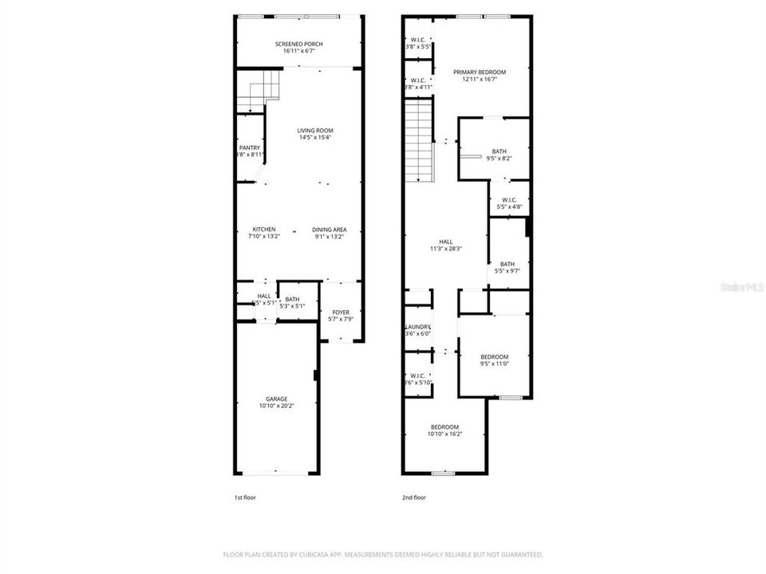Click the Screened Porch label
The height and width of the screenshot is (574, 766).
pyautogui.click(x=299, y=45)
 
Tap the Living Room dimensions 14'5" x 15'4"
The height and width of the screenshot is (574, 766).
pyautogui.click(x=315, y=138)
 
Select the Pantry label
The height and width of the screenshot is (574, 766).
pyautogui.click(x=249, y=147)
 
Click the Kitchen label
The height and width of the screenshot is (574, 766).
pyautogui.click(x=264, y=230)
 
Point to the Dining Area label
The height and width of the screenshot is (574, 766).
pyautogui.click(x=329, y=230)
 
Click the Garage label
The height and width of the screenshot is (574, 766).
pyautogui.click(x=277, y=399)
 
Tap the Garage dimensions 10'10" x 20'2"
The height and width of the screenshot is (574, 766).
pyautogui.click(x=277, y=406)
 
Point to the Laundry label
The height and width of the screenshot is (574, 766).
pyautogui.click(x=417, y=327)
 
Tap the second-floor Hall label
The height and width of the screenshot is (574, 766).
pyautogui.click(x=445, y=242)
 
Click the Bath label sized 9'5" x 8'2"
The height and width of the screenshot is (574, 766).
pyautogui.click(x=499, y=151)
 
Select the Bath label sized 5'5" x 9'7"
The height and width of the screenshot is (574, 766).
pyautogui.click(x=507, y=264)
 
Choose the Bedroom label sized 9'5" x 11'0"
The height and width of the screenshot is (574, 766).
pyautogui.click(x=494, y=356)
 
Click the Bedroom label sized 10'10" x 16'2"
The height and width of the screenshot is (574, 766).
pyautogui.click(x=444, y=427)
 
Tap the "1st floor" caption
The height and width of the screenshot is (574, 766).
pyautogui.click(x=245, y=497)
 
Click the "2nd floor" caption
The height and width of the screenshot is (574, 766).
pyautogui.click(x=413, y=497)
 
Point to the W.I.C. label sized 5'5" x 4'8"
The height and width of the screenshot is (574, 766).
pyautogui.click(x=510, y=200)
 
